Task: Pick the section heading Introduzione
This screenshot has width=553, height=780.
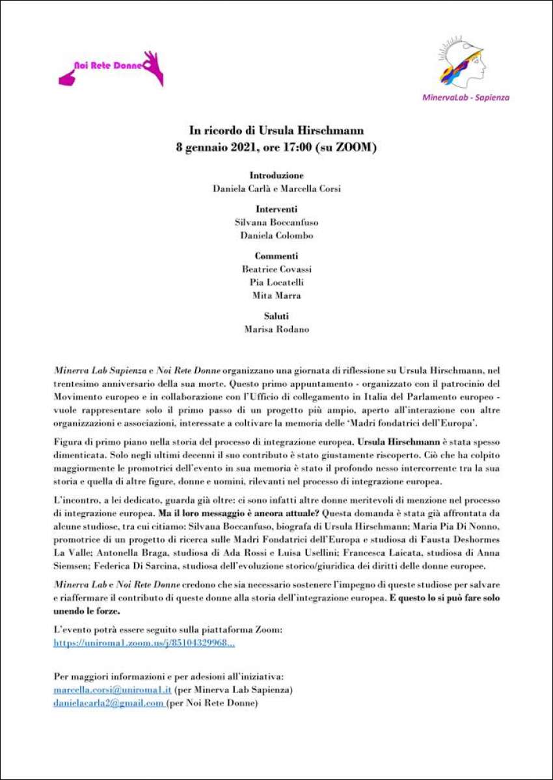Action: pyautogui.click(x=276, y=175)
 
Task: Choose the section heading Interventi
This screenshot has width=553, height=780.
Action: pyautogui.click(x=276, y=209)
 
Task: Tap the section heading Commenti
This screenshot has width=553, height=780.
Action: pyautogui.click(x=276, y=255)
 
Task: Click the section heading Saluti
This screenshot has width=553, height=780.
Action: pyautogui.click(x=276, y=316)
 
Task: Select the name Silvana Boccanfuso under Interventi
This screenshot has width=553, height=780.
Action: pyautogui.click(x=276, y=222)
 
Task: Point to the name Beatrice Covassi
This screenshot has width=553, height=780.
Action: pyautogui.click(x=276, y=268)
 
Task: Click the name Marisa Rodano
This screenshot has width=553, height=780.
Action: pyautogui.click(x=276, y=329)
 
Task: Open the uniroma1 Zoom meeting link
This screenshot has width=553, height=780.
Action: pyautogui.click(x=144, y=643)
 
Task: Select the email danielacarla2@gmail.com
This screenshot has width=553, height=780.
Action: pyautogui.click(x=108, y=702)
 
